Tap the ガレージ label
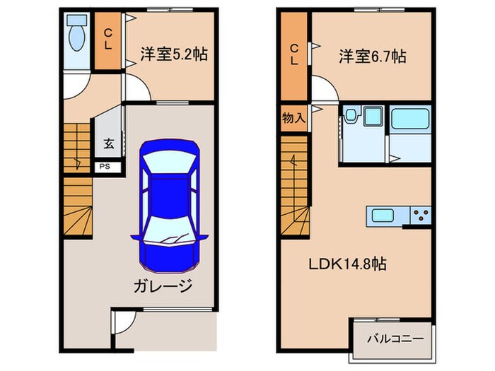[161, 285]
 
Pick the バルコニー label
[395, 338]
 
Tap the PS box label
[105, 167]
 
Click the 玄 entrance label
[109, 144]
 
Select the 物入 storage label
[293, 118]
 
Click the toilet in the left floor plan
[75, 31]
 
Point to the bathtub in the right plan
[410, 119]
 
